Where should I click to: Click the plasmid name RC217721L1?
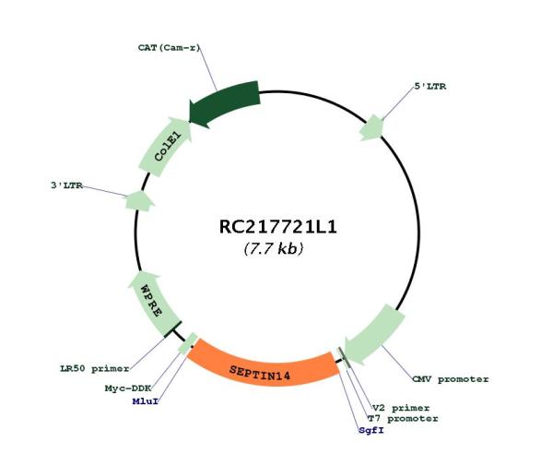point(278,227)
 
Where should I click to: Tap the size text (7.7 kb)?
point(274,248)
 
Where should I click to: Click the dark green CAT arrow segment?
point(225,103)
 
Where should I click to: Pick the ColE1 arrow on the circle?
point(166,146)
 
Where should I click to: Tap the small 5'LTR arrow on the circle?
point(371,127)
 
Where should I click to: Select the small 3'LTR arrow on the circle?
point(140,201)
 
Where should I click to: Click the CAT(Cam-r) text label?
point(169,47)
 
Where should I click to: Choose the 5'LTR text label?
point(429,86)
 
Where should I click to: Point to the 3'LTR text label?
point(66,185)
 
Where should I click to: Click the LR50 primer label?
point(95,369)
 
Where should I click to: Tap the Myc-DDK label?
point(128,388)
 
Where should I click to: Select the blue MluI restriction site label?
point(146,401)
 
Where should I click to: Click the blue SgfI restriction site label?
point(371,430)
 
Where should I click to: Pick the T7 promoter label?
point(403,419)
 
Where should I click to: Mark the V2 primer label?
point(401,408)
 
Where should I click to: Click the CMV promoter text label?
point(451,379)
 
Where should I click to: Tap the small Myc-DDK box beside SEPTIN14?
point(188,343)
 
